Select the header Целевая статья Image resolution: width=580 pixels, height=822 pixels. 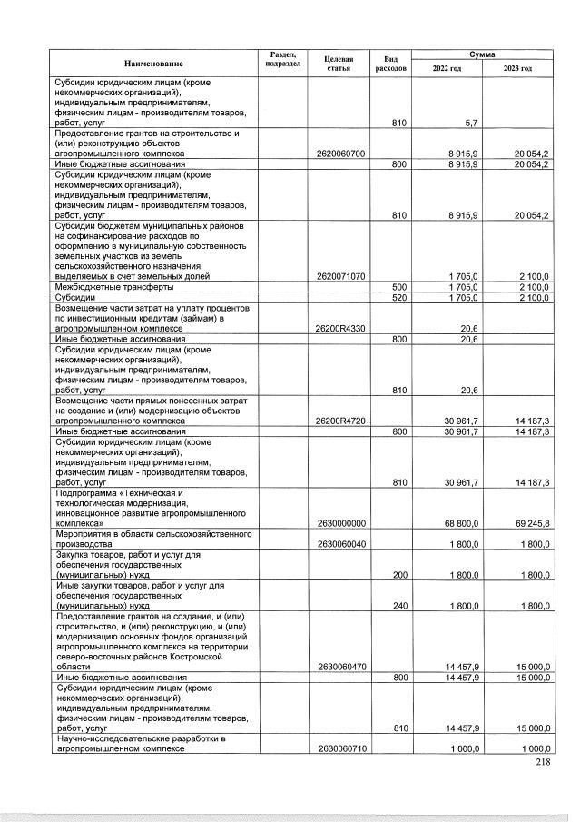pyautogui.click(x=338, y=62)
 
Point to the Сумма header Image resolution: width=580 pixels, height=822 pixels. pyautogui.click(x=482, y=54)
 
